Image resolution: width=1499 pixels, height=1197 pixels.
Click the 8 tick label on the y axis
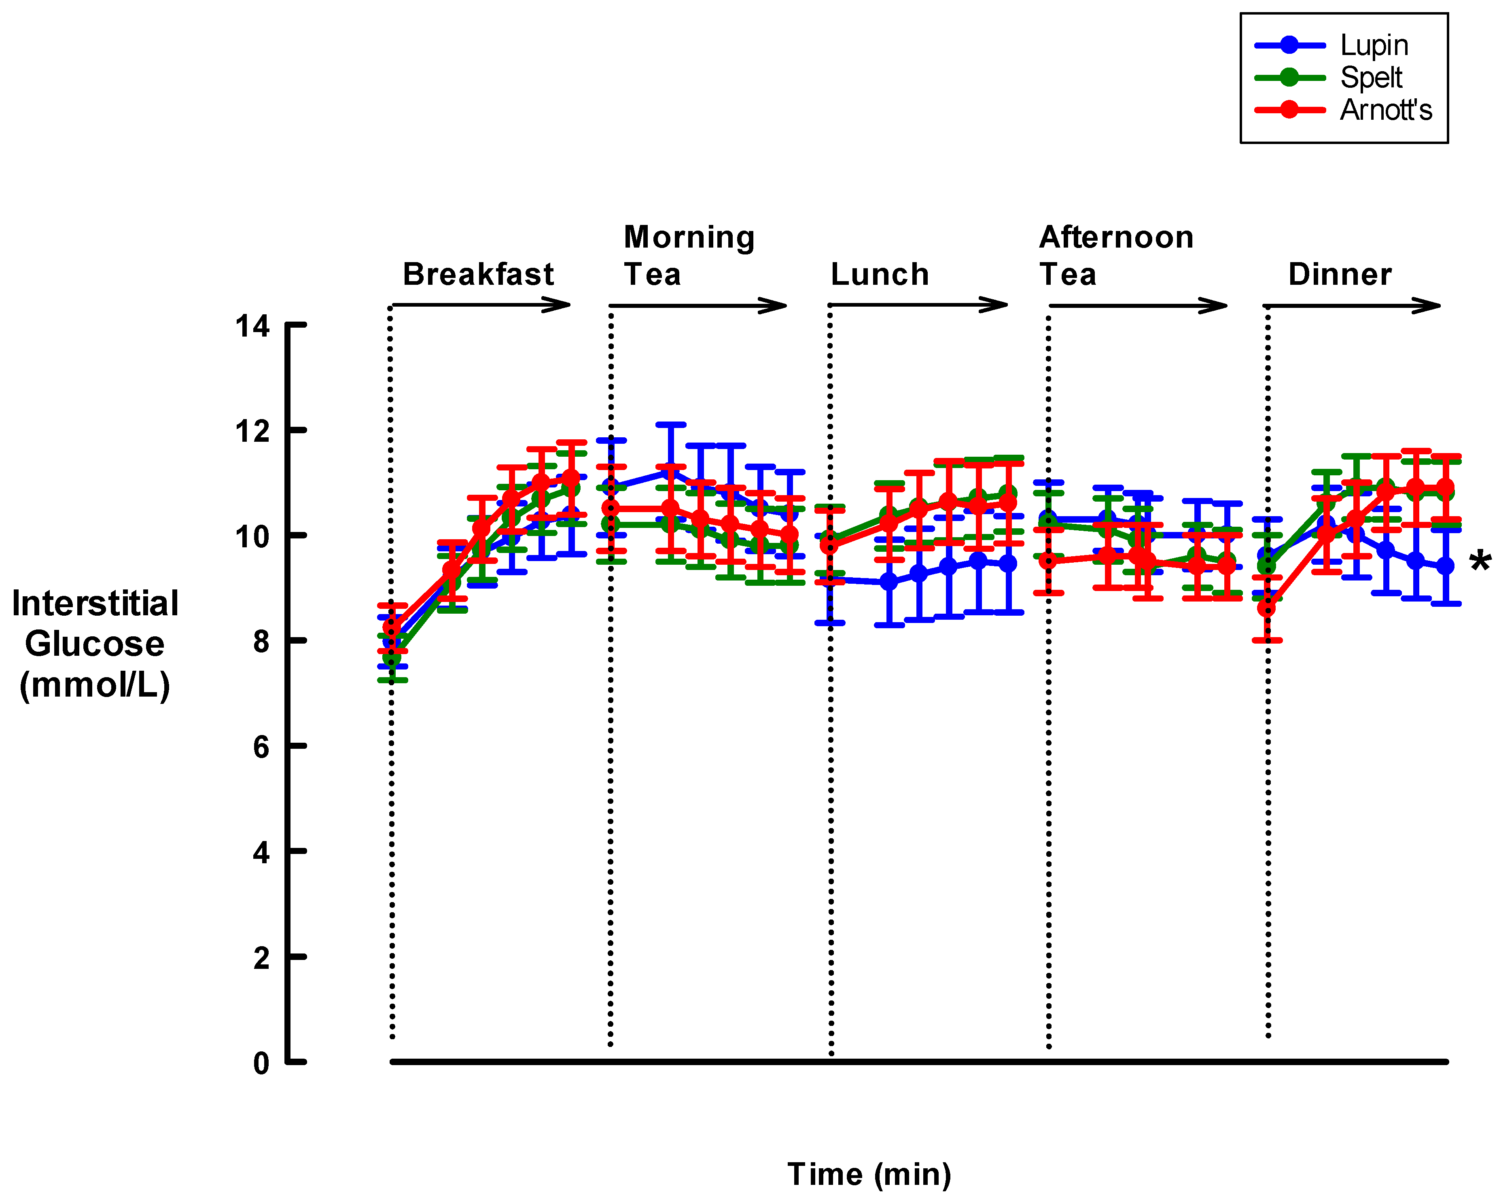261,641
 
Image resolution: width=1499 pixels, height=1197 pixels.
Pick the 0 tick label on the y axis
261,1063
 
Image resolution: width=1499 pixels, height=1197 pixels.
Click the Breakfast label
478,274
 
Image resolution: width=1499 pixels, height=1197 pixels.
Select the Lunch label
880,274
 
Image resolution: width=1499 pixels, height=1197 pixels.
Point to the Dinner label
1339,274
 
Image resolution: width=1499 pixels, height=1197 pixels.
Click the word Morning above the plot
688,237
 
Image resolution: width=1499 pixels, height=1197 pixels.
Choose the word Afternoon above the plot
1116,237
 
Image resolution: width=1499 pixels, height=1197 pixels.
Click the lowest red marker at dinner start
1267,608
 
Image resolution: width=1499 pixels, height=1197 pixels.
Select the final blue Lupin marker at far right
1445,566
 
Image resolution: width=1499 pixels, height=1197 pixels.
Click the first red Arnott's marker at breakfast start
392,627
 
